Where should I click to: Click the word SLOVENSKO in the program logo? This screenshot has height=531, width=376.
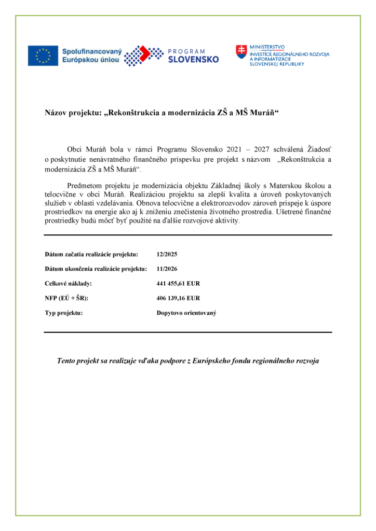(193, 60)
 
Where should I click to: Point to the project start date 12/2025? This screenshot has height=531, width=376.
(166, 255)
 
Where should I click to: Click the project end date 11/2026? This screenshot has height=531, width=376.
(166, 269)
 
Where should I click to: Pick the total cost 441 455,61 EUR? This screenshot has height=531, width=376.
(178, 284)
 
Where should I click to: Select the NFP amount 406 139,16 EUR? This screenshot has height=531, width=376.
(178, 298)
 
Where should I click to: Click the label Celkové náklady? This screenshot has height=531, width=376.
(68, 284)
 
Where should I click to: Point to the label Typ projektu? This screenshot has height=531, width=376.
(64, 313)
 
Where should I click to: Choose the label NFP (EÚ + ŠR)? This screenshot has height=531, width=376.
(66, 298)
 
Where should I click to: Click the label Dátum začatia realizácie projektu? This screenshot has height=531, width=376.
(91, 255)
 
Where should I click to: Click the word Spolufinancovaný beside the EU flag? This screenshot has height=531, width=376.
(91, 51)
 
